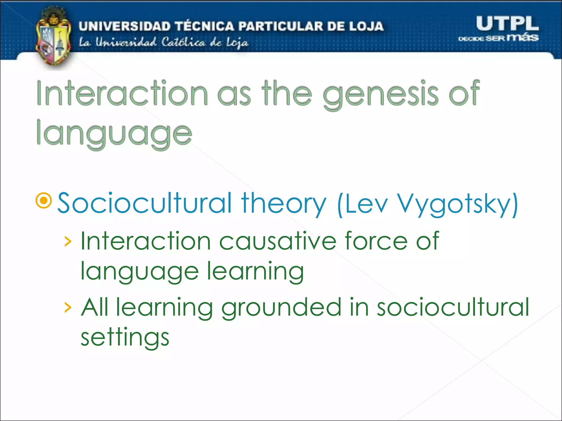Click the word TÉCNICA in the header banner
204,26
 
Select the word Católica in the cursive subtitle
183,42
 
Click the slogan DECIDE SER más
498,38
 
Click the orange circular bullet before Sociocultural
44,201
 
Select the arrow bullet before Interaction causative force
68,241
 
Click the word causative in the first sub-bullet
277,241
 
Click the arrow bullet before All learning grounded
68,308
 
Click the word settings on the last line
125,338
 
